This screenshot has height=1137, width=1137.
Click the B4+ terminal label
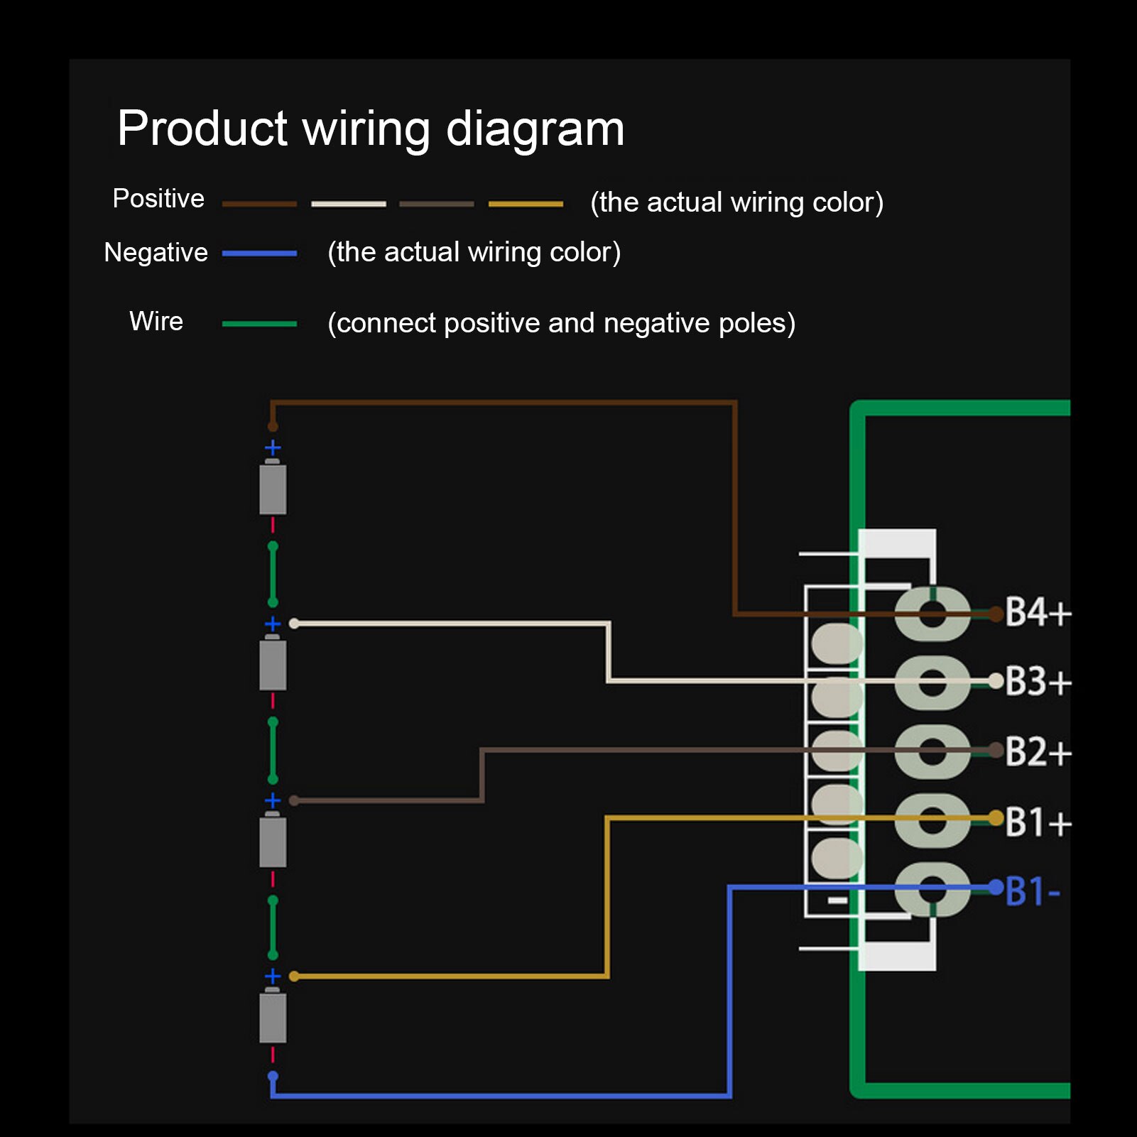point(1038,612)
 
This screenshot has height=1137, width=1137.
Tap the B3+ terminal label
point(1038,681)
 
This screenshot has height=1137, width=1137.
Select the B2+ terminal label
point(1038,751)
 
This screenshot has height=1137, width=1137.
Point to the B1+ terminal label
point(1038,822)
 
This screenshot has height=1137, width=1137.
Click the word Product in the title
point(202,129)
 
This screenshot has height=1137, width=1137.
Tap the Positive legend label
point(158,199)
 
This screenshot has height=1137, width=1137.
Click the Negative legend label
point(156,253)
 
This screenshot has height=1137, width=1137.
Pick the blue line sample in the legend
point(259,254)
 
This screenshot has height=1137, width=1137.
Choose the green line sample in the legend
point(259,324)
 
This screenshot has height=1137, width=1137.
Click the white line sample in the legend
point(349,205)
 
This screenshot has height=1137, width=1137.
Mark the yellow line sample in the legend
point(526,205)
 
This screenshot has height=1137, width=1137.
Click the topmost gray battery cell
point(273,489)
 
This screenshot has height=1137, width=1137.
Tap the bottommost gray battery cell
point(273,1017)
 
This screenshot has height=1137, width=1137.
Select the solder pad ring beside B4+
point(932,614)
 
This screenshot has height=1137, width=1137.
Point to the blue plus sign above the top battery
point(273,448)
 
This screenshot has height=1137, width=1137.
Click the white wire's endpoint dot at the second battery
point(294,624)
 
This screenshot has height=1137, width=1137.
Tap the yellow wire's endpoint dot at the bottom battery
point(294,976)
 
